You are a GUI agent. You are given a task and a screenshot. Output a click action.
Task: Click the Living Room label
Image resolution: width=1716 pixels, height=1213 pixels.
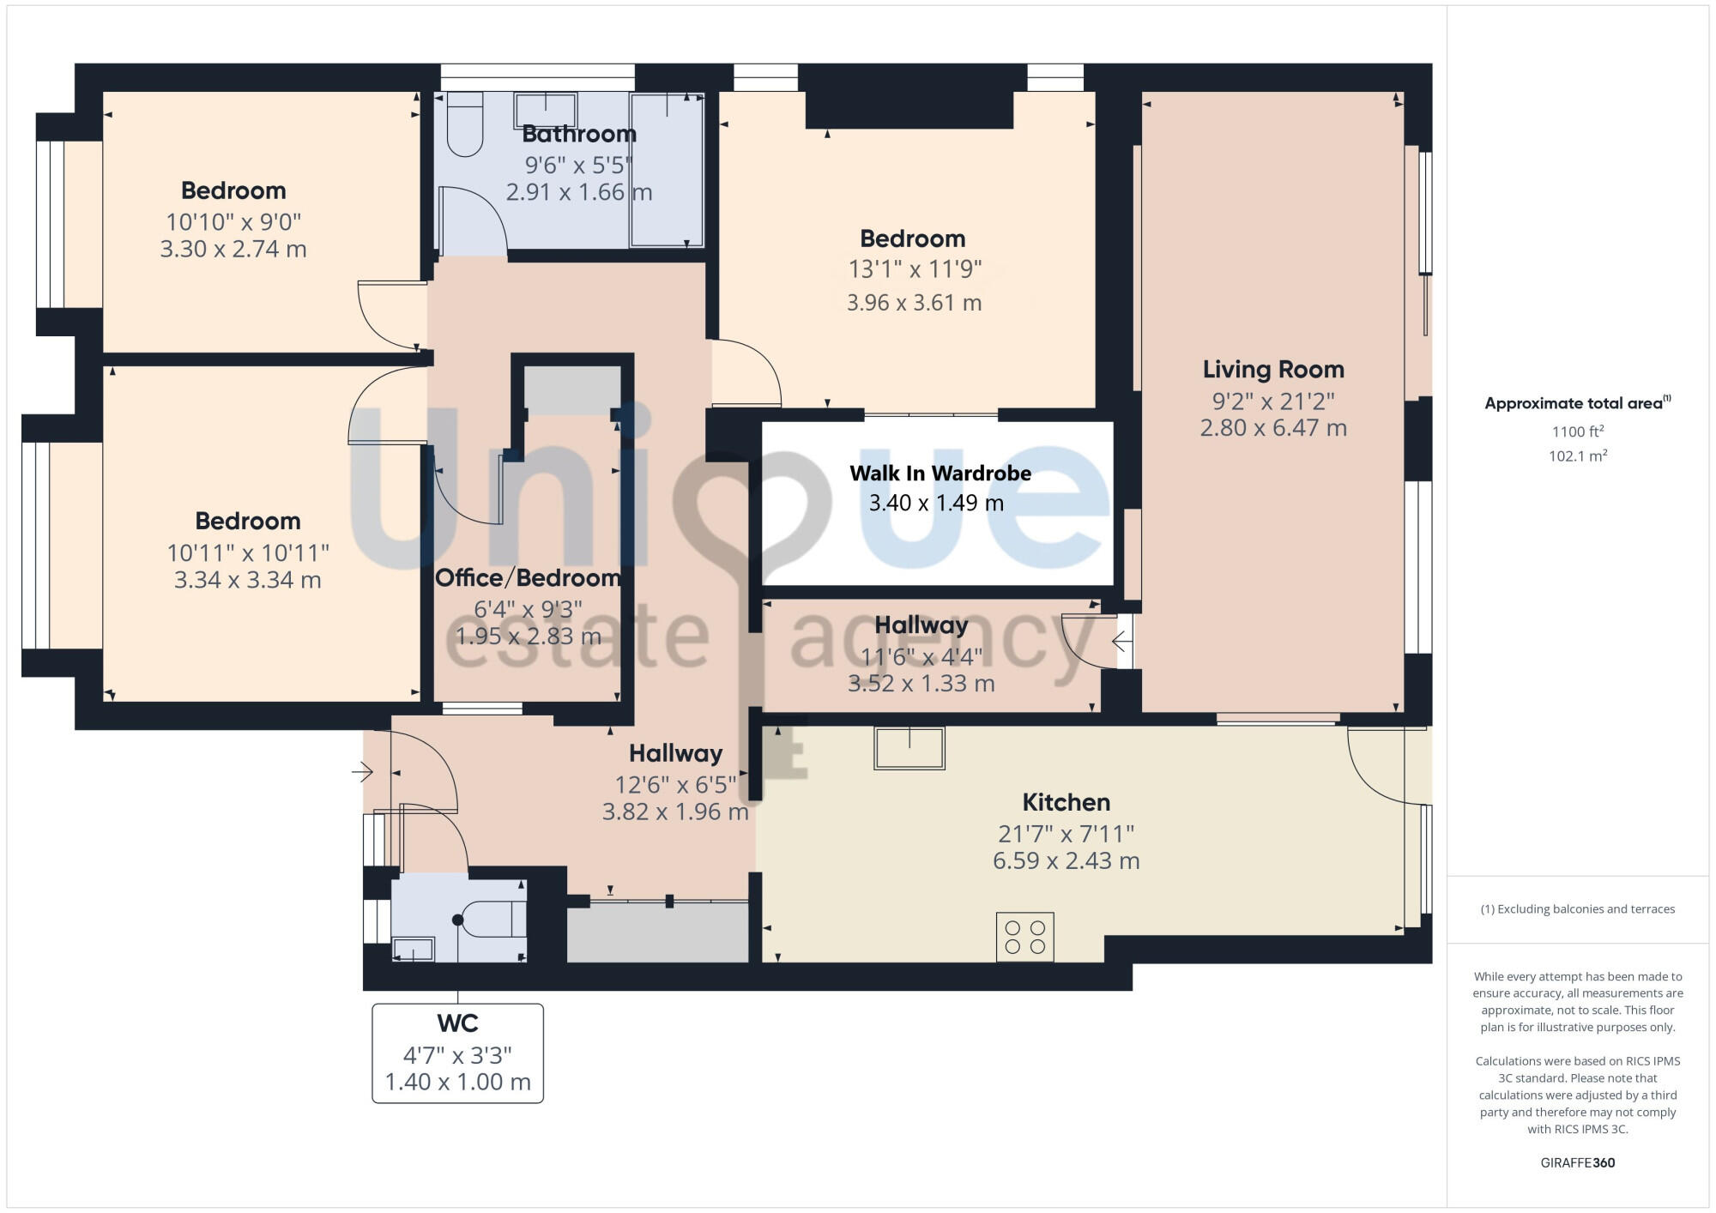tap(1272, 370)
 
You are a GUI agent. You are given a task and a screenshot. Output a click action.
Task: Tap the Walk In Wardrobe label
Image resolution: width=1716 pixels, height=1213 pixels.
tap(940, 474)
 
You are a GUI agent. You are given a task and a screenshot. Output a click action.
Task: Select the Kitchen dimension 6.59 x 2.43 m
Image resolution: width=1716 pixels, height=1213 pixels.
tap(1066, 860)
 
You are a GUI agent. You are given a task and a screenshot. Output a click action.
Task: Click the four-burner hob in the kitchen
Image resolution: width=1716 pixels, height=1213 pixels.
tap(1024, 937)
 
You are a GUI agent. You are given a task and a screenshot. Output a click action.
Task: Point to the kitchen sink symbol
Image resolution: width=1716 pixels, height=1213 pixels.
tap(909, 748)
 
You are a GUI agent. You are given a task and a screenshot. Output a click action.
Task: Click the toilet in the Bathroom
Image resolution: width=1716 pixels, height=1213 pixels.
tap(465, 125)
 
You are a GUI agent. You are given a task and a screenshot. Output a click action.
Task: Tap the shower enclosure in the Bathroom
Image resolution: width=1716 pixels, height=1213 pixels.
tap(667, 170)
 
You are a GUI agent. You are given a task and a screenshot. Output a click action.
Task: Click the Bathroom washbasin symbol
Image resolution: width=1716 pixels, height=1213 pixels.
tap(545, 111)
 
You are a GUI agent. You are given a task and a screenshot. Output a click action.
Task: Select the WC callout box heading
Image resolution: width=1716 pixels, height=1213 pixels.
tap(457, 1023)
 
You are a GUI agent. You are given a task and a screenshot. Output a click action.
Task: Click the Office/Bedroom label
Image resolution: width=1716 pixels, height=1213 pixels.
tap(528, 578)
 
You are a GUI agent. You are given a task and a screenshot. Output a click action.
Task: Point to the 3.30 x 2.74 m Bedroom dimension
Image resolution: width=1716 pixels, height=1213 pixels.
tap(233, 250)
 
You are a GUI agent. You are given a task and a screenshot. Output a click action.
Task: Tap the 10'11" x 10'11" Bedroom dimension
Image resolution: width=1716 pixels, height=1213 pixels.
tap(248, 552)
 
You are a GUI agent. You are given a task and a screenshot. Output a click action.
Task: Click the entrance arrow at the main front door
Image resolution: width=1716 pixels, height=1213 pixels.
tap(362, 772)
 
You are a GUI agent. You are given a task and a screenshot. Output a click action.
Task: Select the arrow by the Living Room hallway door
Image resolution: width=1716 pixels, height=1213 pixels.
tap(1121, 641)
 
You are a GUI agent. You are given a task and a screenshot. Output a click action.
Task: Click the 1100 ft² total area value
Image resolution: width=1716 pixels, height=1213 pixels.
tap(1577, 431)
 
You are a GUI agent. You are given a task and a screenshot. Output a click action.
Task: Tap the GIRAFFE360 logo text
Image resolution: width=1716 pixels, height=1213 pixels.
tap(1577, 1163)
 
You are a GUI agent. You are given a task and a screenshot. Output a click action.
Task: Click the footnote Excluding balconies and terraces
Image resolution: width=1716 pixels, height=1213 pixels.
tap(1577, 909)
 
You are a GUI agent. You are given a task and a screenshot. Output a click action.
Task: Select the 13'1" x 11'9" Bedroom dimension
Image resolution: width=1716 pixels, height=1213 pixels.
tap(915, 269)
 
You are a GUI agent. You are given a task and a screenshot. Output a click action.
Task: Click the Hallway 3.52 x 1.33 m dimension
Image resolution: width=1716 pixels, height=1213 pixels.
tap(921, 684)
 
